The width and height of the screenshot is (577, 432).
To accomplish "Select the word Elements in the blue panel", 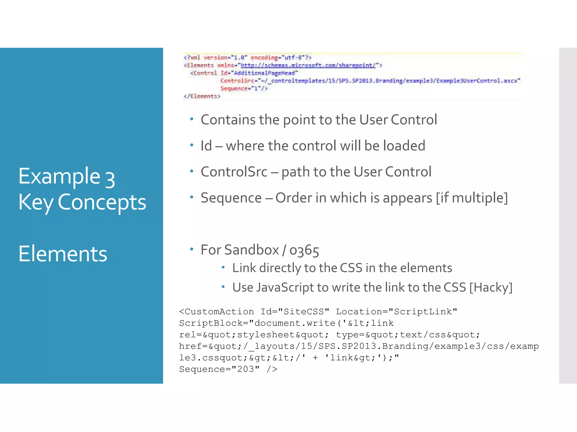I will (63, 254).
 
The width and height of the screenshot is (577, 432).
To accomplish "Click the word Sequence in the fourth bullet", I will (231, 198).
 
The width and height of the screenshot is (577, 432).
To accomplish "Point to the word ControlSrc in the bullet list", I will (234, 172).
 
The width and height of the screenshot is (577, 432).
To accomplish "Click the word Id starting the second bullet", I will (206, 146).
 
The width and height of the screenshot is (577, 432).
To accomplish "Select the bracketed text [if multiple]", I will (472, 198).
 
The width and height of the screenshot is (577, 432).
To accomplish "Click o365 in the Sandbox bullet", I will (304, 250).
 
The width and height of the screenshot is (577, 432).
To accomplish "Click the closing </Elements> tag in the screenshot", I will (202, 96).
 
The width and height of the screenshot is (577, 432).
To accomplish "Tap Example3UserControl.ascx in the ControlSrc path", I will (478, 81).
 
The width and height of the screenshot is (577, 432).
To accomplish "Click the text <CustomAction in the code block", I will (216, 312).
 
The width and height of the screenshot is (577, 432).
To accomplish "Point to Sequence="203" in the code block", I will (219, 369).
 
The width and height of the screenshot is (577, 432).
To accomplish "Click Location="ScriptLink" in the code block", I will (396, 312).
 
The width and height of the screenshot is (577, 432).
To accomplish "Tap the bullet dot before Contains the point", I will (192, 119).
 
